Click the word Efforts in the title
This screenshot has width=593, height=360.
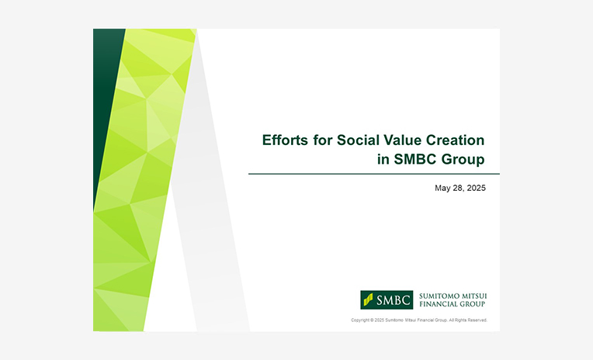280,140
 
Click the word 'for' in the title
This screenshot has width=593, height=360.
323,140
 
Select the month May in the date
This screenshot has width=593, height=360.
442,189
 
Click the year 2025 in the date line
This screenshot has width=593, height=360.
476,188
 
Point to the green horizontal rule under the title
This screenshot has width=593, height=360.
374,174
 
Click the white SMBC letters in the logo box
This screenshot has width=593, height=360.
394,300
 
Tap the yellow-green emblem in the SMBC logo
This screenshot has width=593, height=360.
368,299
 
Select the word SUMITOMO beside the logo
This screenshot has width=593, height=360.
439,296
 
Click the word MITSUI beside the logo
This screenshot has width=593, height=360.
473,296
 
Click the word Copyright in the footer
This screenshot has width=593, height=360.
360,320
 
